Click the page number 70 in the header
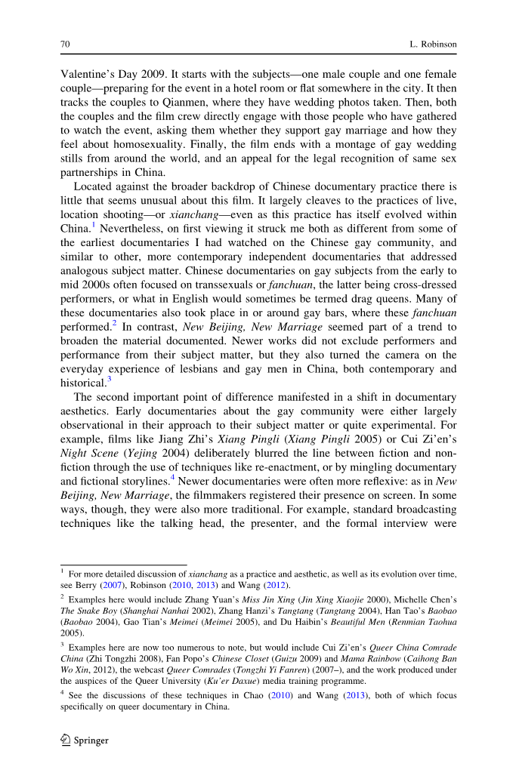[65, 45]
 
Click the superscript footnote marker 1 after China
[94, 225]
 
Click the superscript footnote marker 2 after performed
[114, 323]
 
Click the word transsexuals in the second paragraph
[224, 285]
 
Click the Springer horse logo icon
[65, 740]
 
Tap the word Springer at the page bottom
[91, 740]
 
